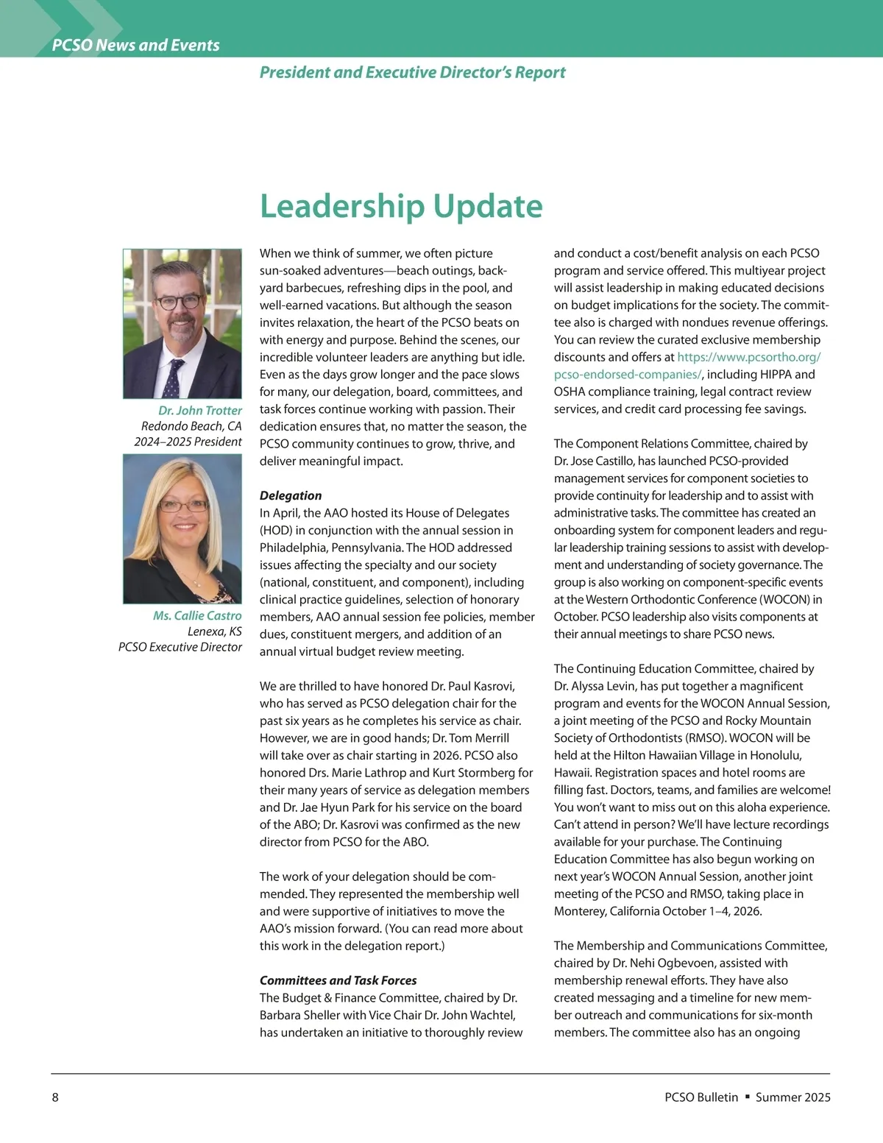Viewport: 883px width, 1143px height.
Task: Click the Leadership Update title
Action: pyautogui.click(x=401, y=206)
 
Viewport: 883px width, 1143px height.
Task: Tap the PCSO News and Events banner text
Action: pyautogui.click(x=136, y=45)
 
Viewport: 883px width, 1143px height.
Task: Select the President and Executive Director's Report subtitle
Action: pyautogui.click(x=412, y=72)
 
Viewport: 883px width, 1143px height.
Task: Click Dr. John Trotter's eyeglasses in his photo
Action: pyautogui.click(x=177, y=300)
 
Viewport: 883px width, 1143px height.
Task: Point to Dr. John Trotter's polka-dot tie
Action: pyautogui.click(x=171, y=375)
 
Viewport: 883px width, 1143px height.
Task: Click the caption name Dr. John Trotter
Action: pyautogui.click(x=199, y=410)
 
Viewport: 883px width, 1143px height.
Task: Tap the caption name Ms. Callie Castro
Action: pyautogui.click(x=197, y=615)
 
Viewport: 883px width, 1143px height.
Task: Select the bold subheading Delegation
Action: pyautogui.click(x=291, y=495)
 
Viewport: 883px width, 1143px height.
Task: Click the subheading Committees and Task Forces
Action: pyautogui.click(x=338, y=980)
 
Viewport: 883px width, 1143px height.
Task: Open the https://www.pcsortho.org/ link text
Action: pyautogui.click(x=748, y=357)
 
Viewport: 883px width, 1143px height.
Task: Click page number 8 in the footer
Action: pyautogui.click(x=55, y=1097)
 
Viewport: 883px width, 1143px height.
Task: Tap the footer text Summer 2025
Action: pyautogui.click(x=792, y=1097)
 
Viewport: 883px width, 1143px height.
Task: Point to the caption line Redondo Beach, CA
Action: pyautogui.click(x=191, y=426)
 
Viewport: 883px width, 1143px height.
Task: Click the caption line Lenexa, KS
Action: pyautogui.click(x=214, y=631)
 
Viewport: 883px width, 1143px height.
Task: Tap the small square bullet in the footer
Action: pyautogui.click(x=747, y=1097)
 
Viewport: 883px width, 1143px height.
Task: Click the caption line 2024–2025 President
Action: pyautogui.click(x=188, y=442)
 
